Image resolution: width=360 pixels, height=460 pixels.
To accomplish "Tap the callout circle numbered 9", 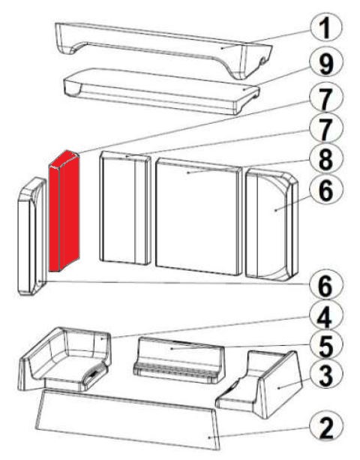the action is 325,64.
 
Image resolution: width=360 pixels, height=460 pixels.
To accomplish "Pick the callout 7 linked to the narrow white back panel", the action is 325,129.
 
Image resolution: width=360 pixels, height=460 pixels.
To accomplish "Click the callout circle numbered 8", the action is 325,159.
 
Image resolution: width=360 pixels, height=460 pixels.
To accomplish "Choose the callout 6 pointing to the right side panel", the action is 325,191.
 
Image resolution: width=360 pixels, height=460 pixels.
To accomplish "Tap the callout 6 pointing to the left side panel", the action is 325,285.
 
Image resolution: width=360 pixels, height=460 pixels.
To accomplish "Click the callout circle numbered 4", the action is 325,317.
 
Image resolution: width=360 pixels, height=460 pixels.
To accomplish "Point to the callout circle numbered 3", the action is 325,376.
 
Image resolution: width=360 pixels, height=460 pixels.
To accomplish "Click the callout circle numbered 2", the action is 325,428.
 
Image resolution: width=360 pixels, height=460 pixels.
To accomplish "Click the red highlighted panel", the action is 64,211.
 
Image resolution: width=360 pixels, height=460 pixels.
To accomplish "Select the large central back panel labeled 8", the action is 199,217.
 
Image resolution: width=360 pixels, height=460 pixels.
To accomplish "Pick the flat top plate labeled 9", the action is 161,92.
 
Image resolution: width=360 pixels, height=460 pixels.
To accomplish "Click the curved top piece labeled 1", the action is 164,49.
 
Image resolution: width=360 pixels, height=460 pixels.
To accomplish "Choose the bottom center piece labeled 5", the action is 178,360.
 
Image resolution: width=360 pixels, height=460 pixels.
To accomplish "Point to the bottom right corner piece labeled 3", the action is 259,383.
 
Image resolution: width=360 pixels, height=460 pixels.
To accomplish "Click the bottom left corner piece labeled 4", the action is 65,359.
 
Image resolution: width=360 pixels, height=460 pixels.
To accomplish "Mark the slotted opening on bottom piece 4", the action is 94,374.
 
